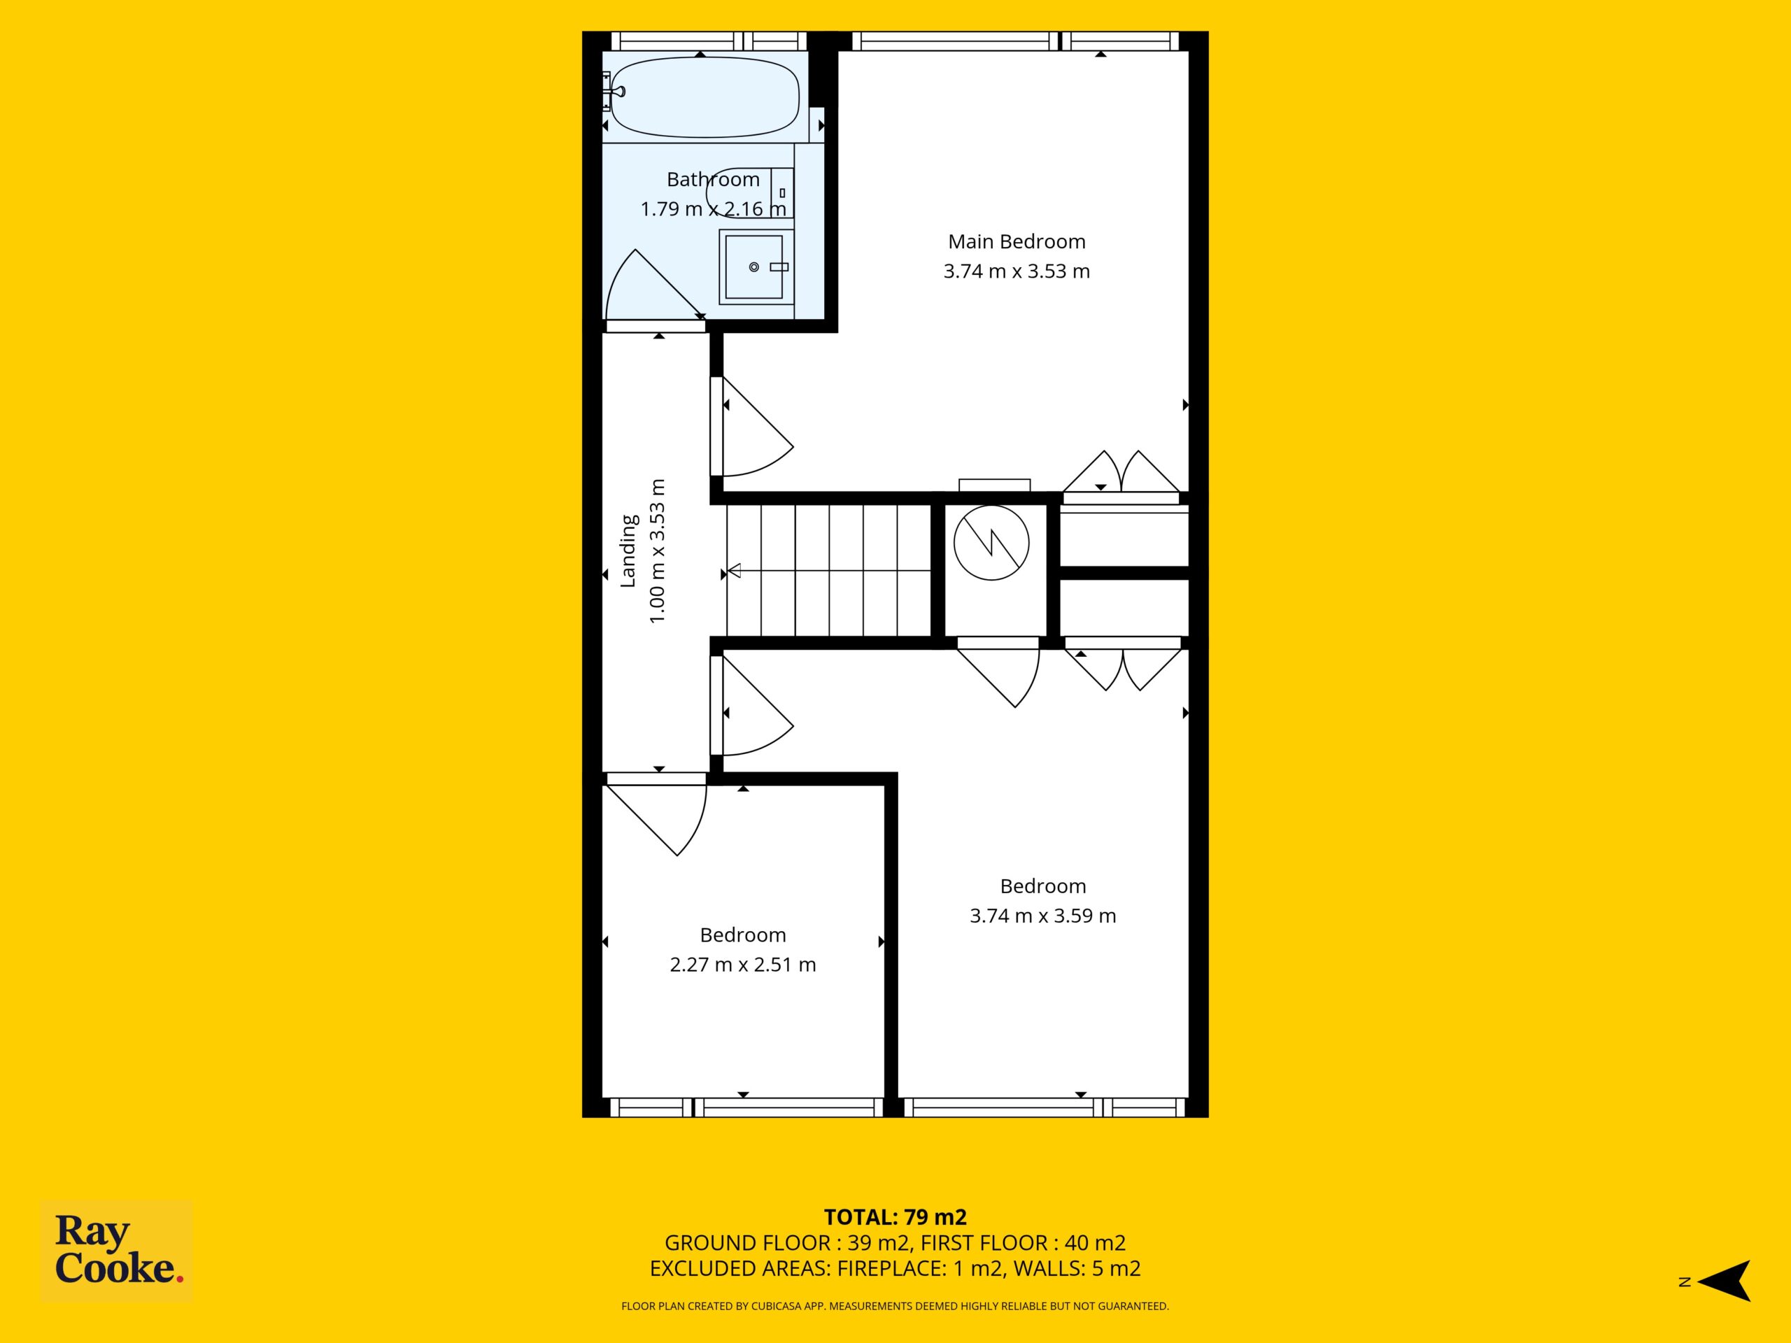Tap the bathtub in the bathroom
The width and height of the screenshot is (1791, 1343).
(705, 97)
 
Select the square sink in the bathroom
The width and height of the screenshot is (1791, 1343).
(755, 267)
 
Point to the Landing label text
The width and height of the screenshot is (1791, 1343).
(628, 550)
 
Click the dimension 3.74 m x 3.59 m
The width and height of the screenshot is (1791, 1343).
(1043, 916)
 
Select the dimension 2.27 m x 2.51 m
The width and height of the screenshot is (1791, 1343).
(742, 964)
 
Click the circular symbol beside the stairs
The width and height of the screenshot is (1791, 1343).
(991, 542)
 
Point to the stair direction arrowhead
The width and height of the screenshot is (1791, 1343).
(734, 571)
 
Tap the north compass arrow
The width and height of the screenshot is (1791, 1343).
(1725, 1281)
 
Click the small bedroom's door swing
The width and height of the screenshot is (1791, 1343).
(658, 814)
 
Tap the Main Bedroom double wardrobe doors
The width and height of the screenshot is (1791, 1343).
(1121, 472)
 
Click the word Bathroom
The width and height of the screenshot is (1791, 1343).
(714, 179)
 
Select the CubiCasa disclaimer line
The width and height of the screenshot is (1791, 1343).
(895, 1306)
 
